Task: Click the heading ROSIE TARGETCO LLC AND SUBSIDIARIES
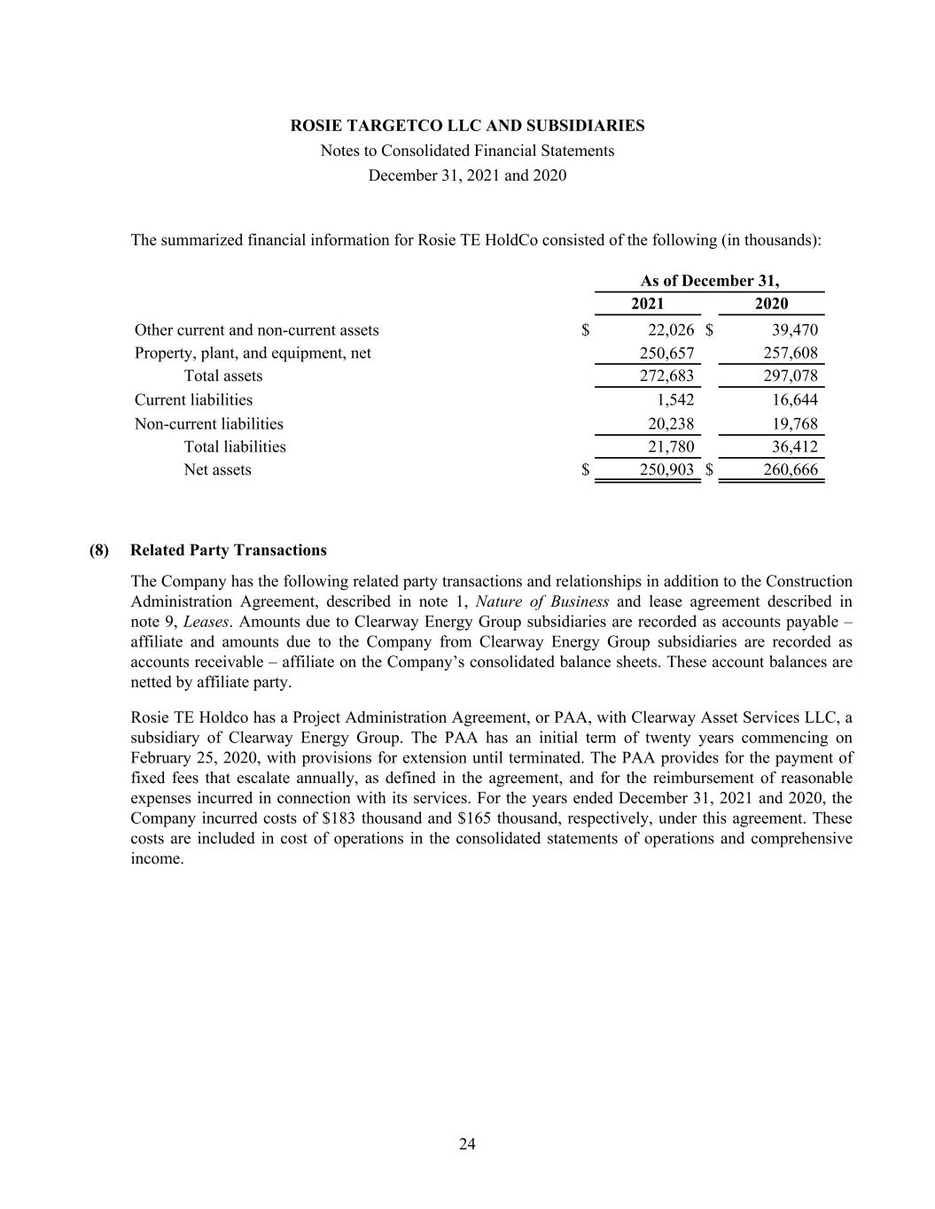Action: click(x=467, y=126)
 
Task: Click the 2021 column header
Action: click(x=647, y=304)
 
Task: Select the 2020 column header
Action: click(x=771, y=304)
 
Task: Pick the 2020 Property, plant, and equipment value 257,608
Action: click(x=791, y=353)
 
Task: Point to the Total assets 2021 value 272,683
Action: click(x=666, y=376)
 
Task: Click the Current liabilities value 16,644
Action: click(x=795, y=400)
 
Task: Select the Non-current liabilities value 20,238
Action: click(x=671, y=424)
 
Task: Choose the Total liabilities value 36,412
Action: click(x=795, y=447)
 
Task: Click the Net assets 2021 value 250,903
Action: click(x=666, y=470)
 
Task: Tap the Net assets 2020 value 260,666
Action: click(x=791, y=470)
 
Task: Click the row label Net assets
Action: click(x=217, y=470)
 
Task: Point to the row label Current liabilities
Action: click(x=193, y=400)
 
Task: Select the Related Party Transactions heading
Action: click(x=228, y=551)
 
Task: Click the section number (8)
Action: click(x=99, y=551)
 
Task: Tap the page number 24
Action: click(x=467, y=1144)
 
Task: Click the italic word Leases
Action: click(x=206, y=622)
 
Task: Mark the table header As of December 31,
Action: click(x=710, y=281)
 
